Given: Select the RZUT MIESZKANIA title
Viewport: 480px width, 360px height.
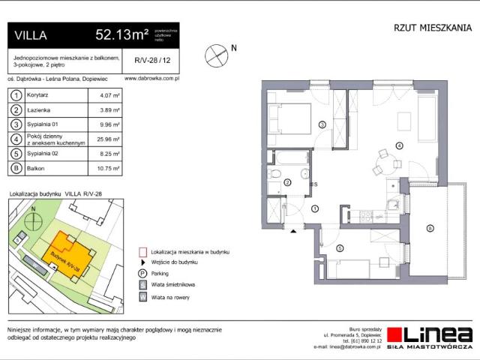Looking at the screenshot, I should pyautogui.click(x=433, y=28).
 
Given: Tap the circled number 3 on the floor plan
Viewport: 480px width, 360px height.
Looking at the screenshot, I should pyautogui.click(x=322, y=124).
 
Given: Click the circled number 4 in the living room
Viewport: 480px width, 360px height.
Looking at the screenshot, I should pyautogui.click(x=399, y=145).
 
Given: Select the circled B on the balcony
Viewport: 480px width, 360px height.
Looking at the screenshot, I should pyautogui.click(x=430, y=227).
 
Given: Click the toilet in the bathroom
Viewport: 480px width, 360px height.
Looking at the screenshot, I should pyautogui.click(x=275, y=175).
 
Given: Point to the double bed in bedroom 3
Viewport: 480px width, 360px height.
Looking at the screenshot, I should pyautogui.click(x=291, y=118).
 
